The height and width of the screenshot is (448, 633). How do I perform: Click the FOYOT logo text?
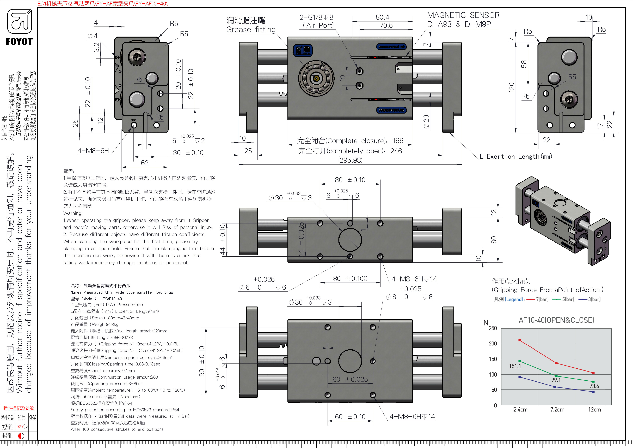[19, 42]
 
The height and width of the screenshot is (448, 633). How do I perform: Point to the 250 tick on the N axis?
[493, 328]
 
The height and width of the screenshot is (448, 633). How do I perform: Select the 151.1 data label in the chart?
[515, 366]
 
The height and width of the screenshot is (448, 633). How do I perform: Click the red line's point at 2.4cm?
[520, 340]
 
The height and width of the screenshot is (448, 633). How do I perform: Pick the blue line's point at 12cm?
[593, 392]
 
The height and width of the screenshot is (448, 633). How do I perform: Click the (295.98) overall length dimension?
[350, 160]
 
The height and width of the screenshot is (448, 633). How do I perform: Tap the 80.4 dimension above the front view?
[382, 17]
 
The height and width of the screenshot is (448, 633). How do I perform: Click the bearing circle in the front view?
[316, 78]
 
